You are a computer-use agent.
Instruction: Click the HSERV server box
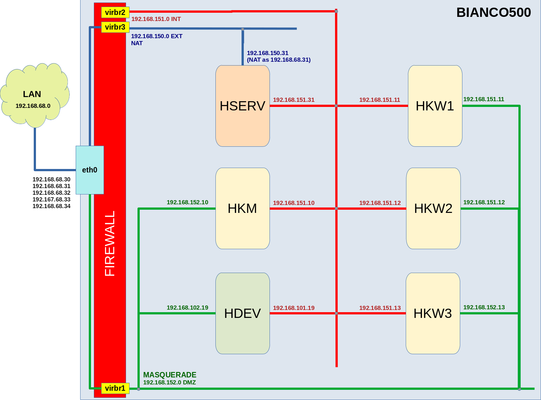tap(242, 106)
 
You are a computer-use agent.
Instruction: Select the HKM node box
tap(242, 208)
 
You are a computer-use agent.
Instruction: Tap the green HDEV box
tap(242, 313)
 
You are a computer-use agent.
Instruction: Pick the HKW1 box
tap(435, 106)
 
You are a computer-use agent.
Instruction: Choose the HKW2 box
tap(433, 208)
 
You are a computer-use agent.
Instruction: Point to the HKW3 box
tap(433, 313)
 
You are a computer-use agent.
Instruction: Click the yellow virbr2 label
tap(115, 12)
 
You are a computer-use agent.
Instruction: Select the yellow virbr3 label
tap(115, 27)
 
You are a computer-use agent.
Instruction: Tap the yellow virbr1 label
tap(115, 388)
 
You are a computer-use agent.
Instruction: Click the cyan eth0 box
tap(90, 170)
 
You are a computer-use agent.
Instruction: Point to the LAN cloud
tap(35, 95)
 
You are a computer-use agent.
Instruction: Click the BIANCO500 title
tap(494, 12)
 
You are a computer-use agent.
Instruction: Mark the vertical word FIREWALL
tap(110, 243)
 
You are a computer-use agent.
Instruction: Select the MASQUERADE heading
tap(170, 375)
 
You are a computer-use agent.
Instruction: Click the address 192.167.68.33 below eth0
tap(52, 200)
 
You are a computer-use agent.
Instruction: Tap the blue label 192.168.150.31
tap(268, 53)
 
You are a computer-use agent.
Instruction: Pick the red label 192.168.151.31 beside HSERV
tap(294, 100)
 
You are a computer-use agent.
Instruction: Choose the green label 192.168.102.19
tap(187, 308)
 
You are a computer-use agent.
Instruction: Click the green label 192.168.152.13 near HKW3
tap(484, 307)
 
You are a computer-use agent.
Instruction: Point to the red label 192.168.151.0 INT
tap(156, 19)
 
